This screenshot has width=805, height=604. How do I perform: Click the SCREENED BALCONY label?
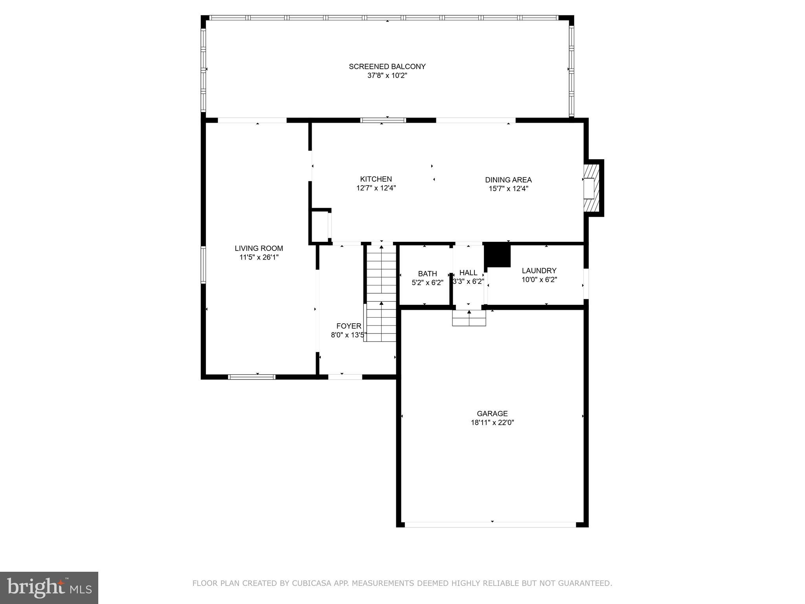tap(387, 66)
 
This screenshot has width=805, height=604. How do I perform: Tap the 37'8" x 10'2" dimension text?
tap(387, 75)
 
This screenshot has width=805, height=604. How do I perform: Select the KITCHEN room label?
tap(376, 179)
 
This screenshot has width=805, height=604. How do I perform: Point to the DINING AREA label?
tap(508, 180)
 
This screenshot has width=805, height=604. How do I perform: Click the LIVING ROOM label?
tap(259, 249)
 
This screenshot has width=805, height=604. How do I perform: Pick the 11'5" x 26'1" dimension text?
tap(259, 258)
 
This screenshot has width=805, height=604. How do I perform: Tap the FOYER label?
tap(348, 326)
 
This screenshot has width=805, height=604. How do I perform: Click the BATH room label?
tap(427, 274)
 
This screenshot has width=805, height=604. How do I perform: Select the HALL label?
tap(468, 273)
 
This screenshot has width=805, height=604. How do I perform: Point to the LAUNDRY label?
tap(539, 271)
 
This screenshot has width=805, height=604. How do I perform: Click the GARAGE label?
tap(492, 413)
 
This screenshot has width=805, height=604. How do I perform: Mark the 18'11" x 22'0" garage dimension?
tap(492, 423)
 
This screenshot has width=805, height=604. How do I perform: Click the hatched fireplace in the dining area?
tap(590, 188)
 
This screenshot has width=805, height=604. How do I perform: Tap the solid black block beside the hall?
tap(498, 256)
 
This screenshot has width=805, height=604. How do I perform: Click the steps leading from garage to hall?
tap(469, 318)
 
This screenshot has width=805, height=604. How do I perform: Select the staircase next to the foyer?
tap(381, 293)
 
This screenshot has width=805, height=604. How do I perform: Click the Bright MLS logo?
tap(49, 587)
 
